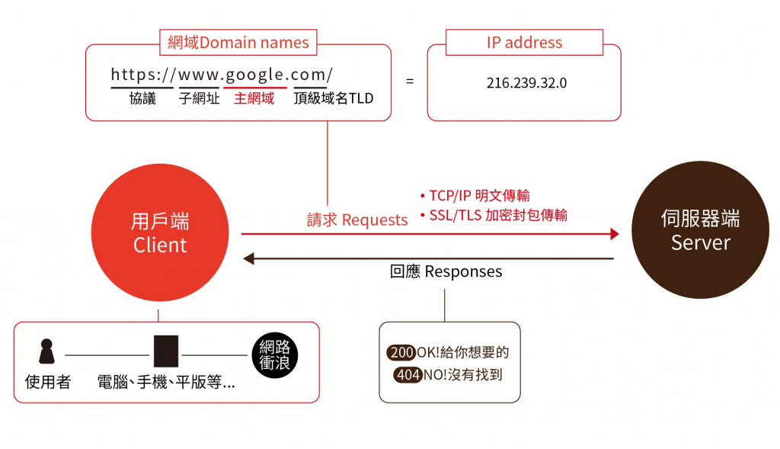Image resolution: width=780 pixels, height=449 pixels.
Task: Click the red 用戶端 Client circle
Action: (x=160, y=233)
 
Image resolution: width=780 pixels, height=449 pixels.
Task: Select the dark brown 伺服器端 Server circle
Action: (x=700, y=230)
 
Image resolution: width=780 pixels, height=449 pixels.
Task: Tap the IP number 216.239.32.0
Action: (x=526, y=83)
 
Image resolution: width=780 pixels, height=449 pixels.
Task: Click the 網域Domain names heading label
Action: (x=238, y=43)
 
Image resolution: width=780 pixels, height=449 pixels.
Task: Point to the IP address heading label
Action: (x=524, y=43)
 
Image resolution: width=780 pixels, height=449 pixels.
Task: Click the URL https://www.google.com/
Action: (x=222, y=75)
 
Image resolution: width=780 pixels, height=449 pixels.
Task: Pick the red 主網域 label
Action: (x=254, y=98)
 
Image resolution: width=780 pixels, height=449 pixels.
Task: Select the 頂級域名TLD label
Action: (x=334, y=98)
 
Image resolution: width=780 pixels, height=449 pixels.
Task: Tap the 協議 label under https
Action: (x=142, y=98)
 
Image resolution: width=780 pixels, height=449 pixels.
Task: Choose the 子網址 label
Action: (x=200, y=98)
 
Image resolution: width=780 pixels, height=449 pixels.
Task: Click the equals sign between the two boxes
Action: (x=410, y=80)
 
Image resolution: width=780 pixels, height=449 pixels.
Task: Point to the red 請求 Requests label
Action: (x=357, y=220)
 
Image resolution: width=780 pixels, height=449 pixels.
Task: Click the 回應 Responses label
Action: (x=446, y=271)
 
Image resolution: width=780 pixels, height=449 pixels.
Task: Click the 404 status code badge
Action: (x=408, y=375)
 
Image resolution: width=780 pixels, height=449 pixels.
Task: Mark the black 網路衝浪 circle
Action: (x=274, y=354)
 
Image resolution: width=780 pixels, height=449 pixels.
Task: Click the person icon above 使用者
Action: (x=47, y=352)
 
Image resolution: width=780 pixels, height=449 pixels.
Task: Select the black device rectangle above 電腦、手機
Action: (x=165, y=351)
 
